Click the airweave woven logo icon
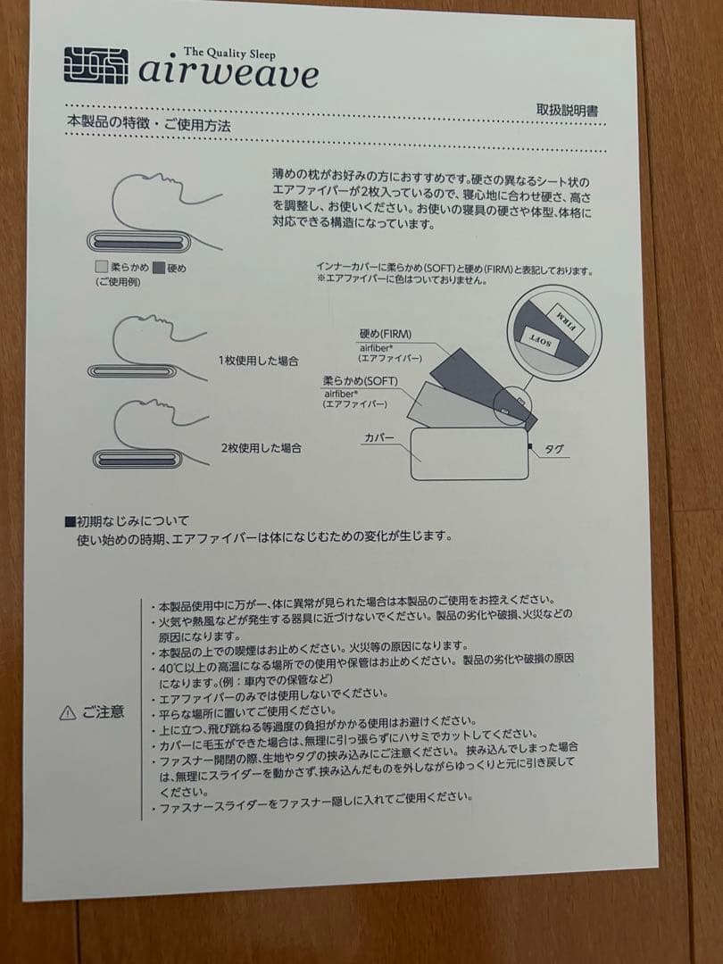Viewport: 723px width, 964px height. tap(96, 65)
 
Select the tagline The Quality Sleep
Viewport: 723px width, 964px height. tap(229, 53)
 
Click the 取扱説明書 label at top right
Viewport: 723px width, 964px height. tap(567, 111)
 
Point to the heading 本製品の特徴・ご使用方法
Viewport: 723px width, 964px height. tap(148, 126)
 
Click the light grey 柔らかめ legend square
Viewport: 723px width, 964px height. tap(101, 267)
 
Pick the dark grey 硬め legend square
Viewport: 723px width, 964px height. tap(158, 267)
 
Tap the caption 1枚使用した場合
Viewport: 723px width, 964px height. tap(259, 361)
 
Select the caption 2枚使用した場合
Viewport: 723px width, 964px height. tap(260, 447)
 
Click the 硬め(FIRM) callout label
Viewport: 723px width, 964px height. tap(386, 334)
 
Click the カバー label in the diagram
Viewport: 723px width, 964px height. tap(378, 437)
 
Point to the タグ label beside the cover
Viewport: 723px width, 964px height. tap(553, 450)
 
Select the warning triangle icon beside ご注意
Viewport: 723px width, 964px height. tap(67, 712)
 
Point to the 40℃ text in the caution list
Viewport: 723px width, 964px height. tap(172, 668)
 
